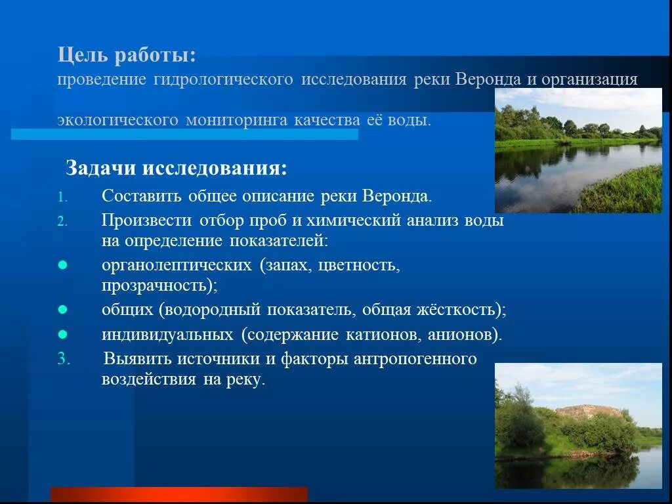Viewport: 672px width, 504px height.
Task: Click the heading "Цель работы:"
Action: [x=127, y=55]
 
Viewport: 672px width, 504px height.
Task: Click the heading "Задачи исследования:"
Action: [x=176, y=169]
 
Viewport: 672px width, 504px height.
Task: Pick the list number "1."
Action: [x=62, y=197]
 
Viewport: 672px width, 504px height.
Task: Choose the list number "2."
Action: [x=62, y=221]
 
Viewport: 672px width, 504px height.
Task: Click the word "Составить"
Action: [x=142, y=196]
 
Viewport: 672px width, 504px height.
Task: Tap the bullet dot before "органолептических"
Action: [x=62, y=265]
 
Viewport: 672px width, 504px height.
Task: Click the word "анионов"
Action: [x=462, y=335]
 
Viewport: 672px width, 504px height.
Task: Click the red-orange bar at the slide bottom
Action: [x=178, y=494]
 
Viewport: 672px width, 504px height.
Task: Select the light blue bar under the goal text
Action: [x=184, y=134]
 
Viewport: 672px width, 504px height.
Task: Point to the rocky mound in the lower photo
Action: [x=588, y=411]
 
